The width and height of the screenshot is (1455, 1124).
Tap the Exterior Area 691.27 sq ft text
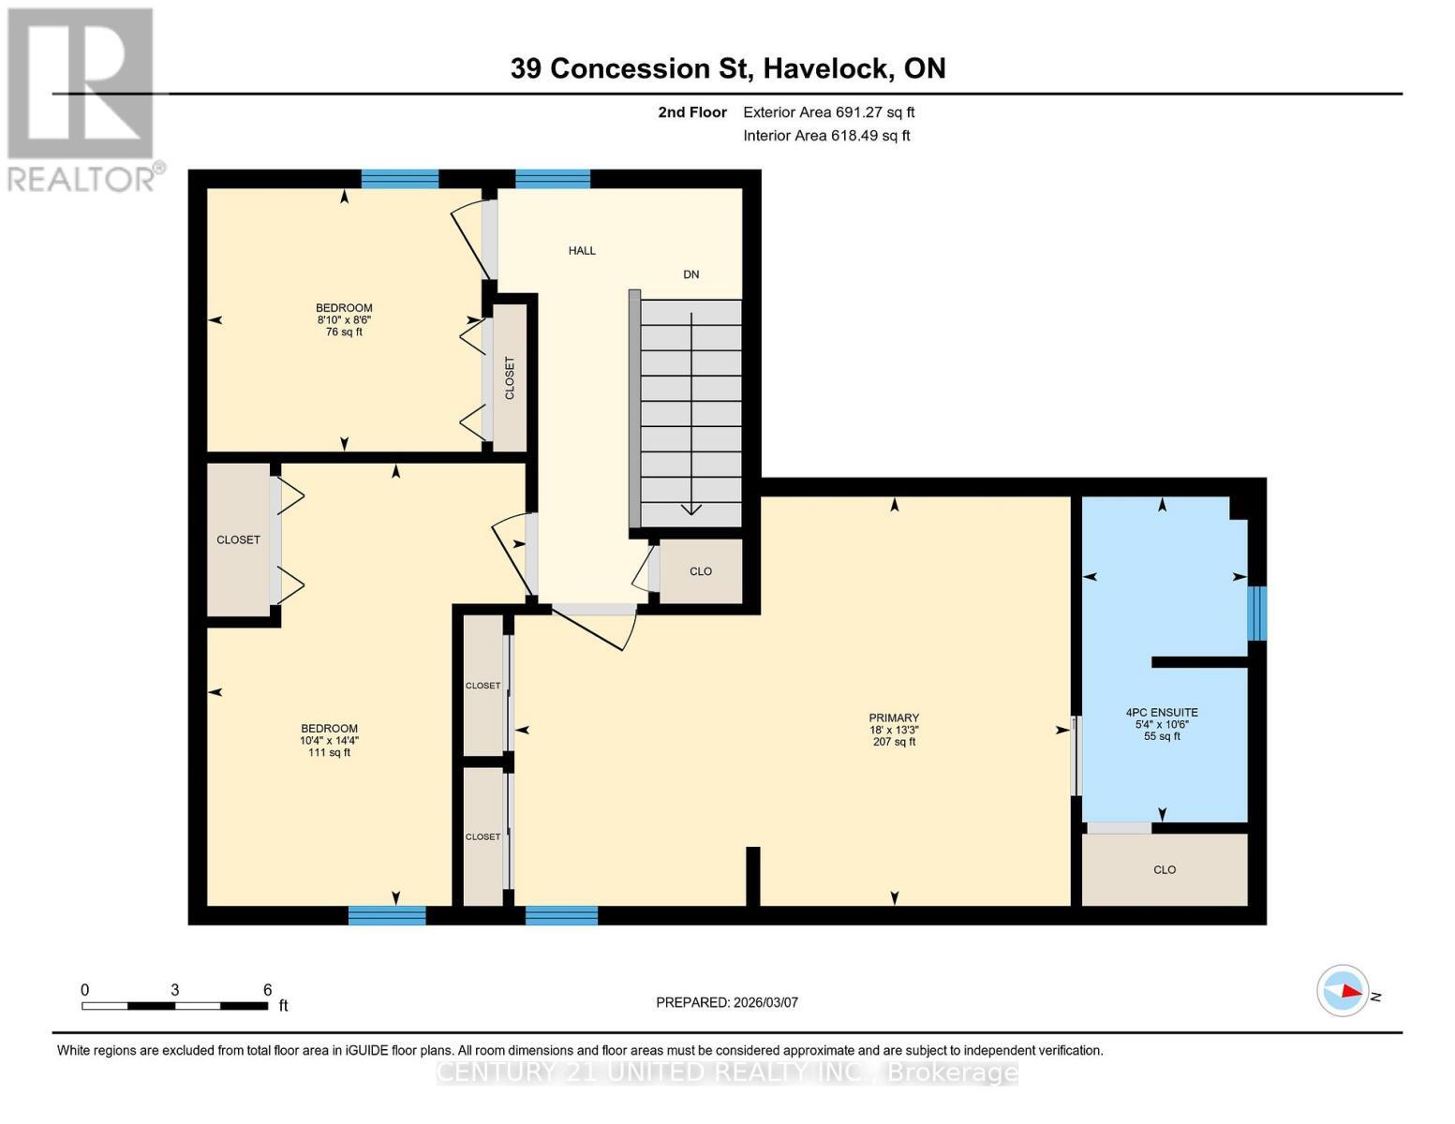coord(828,112)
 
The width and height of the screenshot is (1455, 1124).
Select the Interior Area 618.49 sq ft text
coord(826,136)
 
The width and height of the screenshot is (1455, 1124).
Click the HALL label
coord(582,251)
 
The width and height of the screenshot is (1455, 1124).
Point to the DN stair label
coord(691,274)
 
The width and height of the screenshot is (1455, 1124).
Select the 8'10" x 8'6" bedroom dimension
coord(344,320)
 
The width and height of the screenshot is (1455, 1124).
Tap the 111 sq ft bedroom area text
coord(329,753)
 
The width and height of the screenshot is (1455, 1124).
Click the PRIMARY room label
coord(894,718)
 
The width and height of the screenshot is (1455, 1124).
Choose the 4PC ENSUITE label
coord(1162,713)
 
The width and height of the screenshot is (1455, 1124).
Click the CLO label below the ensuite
coord(1165,870)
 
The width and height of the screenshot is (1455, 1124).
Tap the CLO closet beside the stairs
coord(701,571)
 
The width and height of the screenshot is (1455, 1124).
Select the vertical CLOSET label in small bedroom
coord(510,378)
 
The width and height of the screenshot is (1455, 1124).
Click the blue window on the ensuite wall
coord(1257,614)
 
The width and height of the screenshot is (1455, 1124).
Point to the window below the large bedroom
coord(387,915)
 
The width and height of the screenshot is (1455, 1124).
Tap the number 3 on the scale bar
coord(175,990)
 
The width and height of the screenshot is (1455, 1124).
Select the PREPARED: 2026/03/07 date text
coord(727,1002)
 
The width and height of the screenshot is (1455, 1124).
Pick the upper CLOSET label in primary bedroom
coord(483,686)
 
